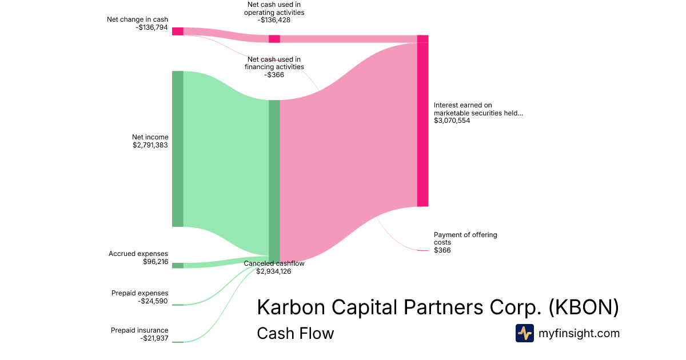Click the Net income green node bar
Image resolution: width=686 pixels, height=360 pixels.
coord(178,149)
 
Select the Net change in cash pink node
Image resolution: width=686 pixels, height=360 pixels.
coord(178,31)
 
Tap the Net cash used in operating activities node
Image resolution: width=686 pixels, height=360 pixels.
coord(274,39)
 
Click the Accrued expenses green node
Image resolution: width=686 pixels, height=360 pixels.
coord(178,265)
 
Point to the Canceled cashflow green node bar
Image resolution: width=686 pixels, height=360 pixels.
coord(274,181)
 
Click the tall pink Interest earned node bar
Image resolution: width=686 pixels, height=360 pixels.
coord(422,121)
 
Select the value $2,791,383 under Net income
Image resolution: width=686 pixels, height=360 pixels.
coord(150,145)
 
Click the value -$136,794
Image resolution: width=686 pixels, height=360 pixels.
coord(151,27)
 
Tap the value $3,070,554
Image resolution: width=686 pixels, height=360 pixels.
coord(452,121)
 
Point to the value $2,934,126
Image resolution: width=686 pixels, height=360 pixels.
coord(274,271)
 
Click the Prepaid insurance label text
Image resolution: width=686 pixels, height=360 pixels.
coord(139,330)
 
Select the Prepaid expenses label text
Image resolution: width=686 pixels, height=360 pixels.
coord(139,293)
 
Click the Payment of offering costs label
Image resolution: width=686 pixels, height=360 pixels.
coord(465,238)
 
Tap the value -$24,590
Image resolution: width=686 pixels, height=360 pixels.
coord(153,301)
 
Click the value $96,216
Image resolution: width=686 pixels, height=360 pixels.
coord(155,262)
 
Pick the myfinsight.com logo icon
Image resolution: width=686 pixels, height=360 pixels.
coord(525,333)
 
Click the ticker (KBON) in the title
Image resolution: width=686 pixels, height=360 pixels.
coord(584,307)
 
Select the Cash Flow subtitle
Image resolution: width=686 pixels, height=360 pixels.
coord(295,333)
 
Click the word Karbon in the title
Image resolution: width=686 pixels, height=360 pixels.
coord(291,307)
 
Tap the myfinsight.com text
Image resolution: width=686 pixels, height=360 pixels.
coord(579,333)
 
